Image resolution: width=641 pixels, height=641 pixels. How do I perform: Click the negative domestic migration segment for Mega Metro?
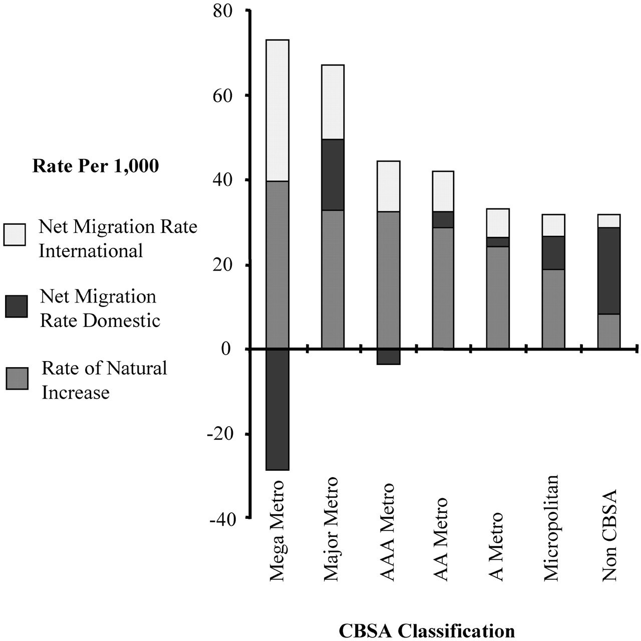(x=277, y=410)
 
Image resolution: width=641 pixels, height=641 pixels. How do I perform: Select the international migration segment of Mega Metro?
(x=277, y=110)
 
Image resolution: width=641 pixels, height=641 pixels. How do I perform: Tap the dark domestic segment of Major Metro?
(x=333, y=175)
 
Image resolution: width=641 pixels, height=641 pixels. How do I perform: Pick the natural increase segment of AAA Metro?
(x=388, y=280)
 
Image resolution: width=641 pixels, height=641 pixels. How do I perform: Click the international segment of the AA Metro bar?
(x=443, y=191)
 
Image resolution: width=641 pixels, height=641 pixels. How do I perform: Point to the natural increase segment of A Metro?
(x=498, y=297)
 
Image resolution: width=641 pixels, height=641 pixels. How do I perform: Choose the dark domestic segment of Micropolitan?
(x=553, y=253)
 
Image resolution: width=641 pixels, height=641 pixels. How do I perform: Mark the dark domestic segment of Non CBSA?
(x=608, y=270)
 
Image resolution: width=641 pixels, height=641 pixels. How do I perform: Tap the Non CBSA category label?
(x=608, y=536)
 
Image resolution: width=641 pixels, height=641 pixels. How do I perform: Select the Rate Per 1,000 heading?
(x=95, y=166)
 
